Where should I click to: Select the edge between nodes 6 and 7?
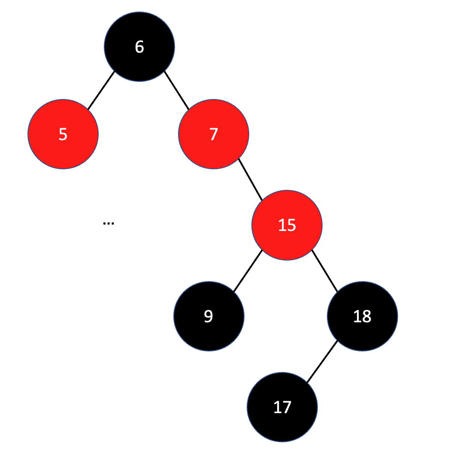(176, 90)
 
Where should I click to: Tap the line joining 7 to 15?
(250, 179)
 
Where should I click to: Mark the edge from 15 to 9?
(248, 271)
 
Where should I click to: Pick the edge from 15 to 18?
(325, 271)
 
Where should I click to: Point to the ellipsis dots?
(109, 223)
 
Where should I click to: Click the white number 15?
(287, 225)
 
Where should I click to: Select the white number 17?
(282, 407)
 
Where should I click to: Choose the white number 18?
(362, 316)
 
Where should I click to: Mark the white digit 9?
(208, 316)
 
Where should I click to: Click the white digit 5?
(63, 134)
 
